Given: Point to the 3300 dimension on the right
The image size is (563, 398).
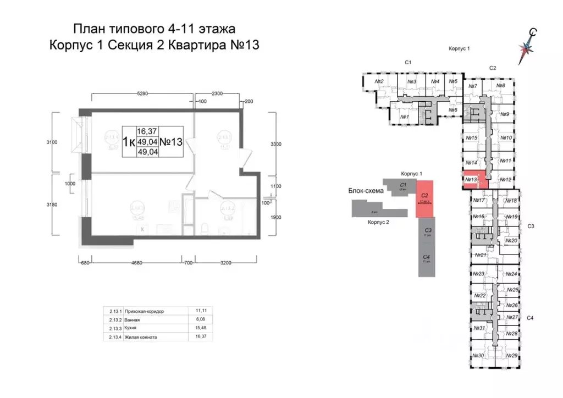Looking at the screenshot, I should click(x=275, y=144).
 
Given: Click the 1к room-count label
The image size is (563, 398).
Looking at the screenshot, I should click(x=129, y=141).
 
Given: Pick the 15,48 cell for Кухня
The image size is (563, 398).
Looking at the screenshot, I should click(x=196, y=328).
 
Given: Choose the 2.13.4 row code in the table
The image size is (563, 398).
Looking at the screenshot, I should click(x=114, y=337).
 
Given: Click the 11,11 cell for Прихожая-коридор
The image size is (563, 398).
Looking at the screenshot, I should click(x=196, y=311).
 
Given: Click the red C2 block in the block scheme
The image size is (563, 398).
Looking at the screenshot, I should click(x=424, y=198).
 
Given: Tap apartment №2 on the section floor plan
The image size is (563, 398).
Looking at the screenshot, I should click(x=378, y=82).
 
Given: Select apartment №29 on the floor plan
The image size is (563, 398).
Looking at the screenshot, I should click(x=511, y=356).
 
